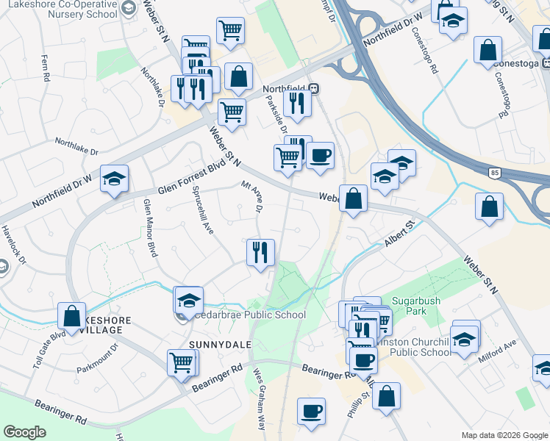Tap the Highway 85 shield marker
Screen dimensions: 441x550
point(494,173)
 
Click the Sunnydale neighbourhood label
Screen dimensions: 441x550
point(220,344)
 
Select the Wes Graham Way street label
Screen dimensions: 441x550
point(260,398)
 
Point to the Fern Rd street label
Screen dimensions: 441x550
point(46,67)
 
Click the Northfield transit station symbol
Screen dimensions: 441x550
point(314,89)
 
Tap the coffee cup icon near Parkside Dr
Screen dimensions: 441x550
point(320,155)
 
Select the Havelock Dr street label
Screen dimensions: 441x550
point(12,240)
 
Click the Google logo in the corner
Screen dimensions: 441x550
point(24,432)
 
